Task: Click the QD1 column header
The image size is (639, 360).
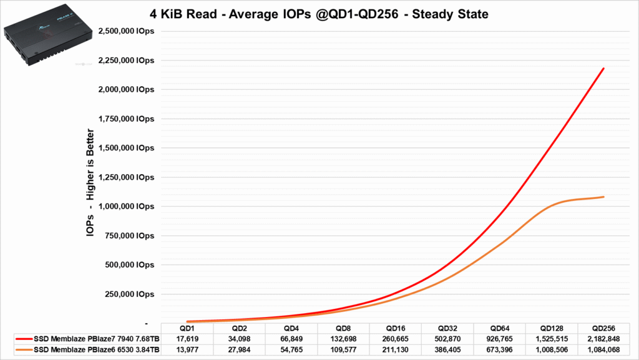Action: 187,328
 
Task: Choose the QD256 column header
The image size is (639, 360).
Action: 604,328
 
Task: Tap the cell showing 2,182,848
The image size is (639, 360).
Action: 604,338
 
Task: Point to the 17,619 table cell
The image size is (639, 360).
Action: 187,338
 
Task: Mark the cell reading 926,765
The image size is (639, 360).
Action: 500,338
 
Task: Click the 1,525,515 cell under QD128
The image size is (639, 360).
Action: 552,338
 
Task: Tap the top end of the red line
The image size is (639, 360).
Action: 603,69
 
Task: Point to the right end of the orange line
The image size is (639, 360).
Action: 603,197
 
